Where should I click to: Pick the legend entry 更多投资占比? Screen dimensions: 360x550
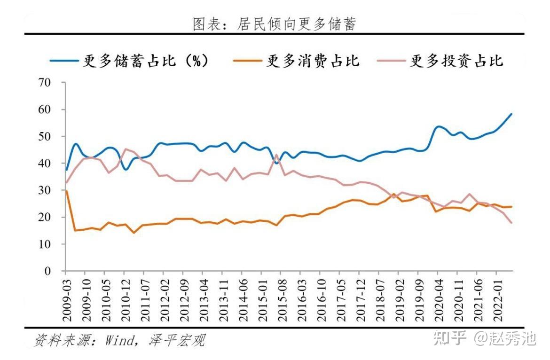(456, 61)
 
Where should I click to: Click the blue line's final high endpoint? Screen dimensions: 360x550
(511, 114)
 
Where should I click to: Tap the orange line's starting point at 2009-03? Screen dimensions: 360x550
(66, 191)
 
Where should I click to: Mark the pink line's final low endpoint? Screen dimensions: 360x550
(511, 223)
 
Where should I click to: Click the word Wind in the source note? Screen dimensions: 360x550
(120, 340)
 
